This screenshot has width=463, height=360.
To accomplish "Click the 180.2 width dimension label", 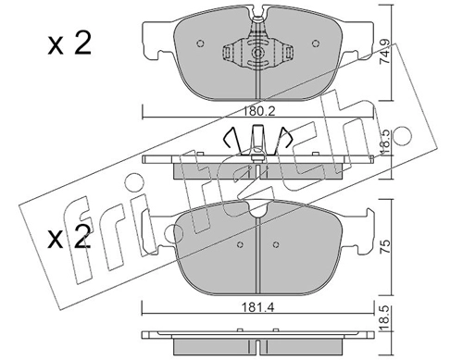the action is tap(257, 111).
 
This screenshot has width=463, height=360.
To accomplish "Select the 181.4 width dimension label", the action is tap(257, 307).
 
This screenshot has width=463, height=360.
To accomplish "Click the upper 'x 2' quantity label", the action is tap(69, 44).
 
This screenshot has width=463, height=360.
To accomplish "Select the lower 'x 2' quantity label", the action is tap(69, 237).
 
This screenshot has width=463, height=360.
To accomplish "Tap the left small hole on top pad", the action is tap(200, 43).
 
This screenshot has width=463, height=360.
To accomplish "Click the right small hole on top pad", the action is tap(315, 43).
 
